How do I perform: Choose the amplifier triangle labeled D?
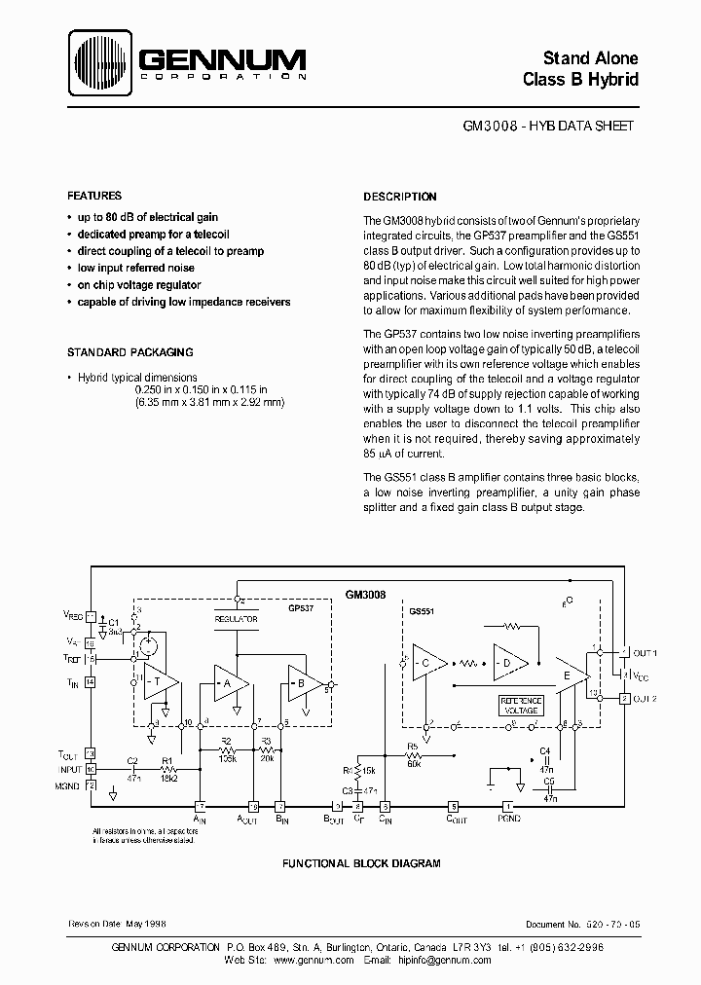(x=508, y=663)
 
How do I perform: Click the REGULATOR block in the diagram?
(x=237, y=618)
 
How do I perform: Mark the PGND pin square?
(x=506, y=806)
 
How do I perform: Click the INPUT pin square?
(x=91, y=769)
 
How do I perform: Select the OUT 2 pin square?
(x=623, y=699)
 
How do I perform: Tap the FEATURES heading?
(x=94, y=196)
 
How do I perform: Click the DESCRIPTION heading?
(x=400, y=197)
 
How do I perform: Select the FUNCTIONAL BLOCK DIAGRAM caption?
(x=361, y=863)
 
